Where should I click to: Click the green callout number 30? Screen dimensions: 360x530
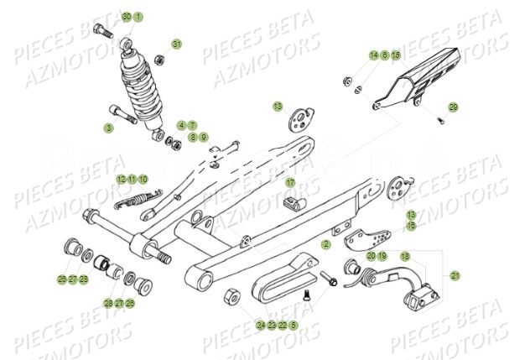coord(127,17)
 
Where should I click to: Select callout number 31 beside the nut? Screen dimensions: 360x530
coord(177,44)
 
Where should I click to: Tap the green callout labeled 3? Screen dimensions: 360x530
coord(108,128)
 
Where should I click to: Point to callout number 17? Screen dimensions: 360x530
coord(290,182)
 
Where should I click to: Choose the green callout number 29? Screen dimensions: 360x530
coord(453,107)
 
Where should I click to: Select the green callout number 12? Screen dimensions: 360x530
coord(122,179)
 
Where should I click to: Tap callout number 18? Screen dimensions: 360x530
coord(405,255)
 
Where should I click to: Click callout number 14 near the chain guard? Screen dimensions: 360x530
coord(373,55)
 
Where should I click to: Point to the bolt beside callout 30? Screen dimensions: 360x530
coord(105,32)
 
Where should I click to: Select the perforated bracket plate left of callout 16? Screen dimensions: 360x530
coord(363,240)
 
